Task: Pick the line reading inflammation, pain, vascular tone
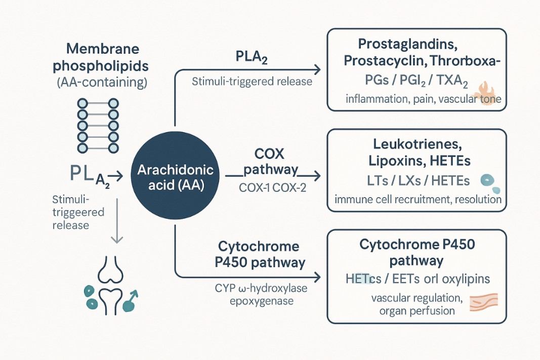(x=423, y=99)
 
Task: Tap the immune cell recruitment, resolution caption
(x=418, y=199)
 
